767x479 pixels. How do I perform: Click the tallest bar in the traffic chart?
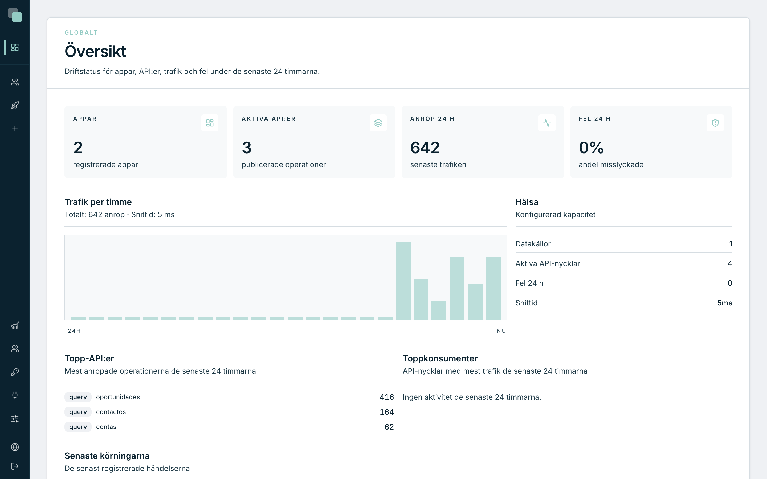pyautogui.click(x=403, y=281)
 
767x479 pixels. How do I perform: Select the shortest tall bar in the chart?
pyautogui.click(x=439, y=311)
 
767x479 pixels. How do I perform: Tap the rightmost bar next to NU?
pyautogui.click(x=493, y=288)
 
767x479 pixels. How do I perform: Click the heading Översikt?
pyautogui.click(x=95, y=51)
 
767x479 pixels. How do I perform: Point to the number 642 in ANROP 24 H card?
pyautogui.click(x=425, y=148)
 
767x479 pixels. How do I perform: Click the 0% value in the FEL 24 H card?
pyautogui.click(x=591, y=148)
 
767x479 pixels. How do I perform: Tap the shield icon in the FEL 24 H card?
pyautogui.click(x=715, y=123)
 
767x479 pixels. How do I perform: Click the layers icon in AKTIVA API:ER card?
pyautogui.click(x=378, y=123)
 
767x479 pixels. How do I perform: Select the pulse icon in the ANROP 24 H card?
pyautogui.click(x=547, y=123)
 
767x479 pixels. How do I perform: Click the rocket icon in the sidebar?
pyautogui.click(x=15, y=105)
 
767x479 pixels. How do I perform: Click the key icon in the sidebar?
pyautogui.click(x=15, y=372)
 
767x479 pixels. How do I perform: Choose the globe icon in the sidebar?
pyautogui.click(x=15, y=447)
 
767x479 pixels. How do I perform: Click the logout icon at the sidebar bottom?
pyautogui.click(x=15, y=466)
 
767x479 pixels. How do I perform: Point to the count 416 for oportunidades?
pyautogui.click(x=387, y=397)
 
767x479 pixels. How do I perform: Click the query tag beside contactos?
pyautogui.click(x=78, y=412)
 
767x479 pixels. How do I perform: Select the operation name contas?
pyautogui.click(x=106, y=427)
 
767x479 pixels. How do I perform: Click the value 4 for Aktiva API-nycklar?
pyautogui.click(x=730, y=263)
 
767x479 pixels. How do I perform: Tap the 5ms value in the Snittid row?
pyautogui.click(x=725, y=303)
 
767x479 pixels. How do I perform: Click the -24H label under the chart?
pyautogui.click(x=73, y=331)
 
